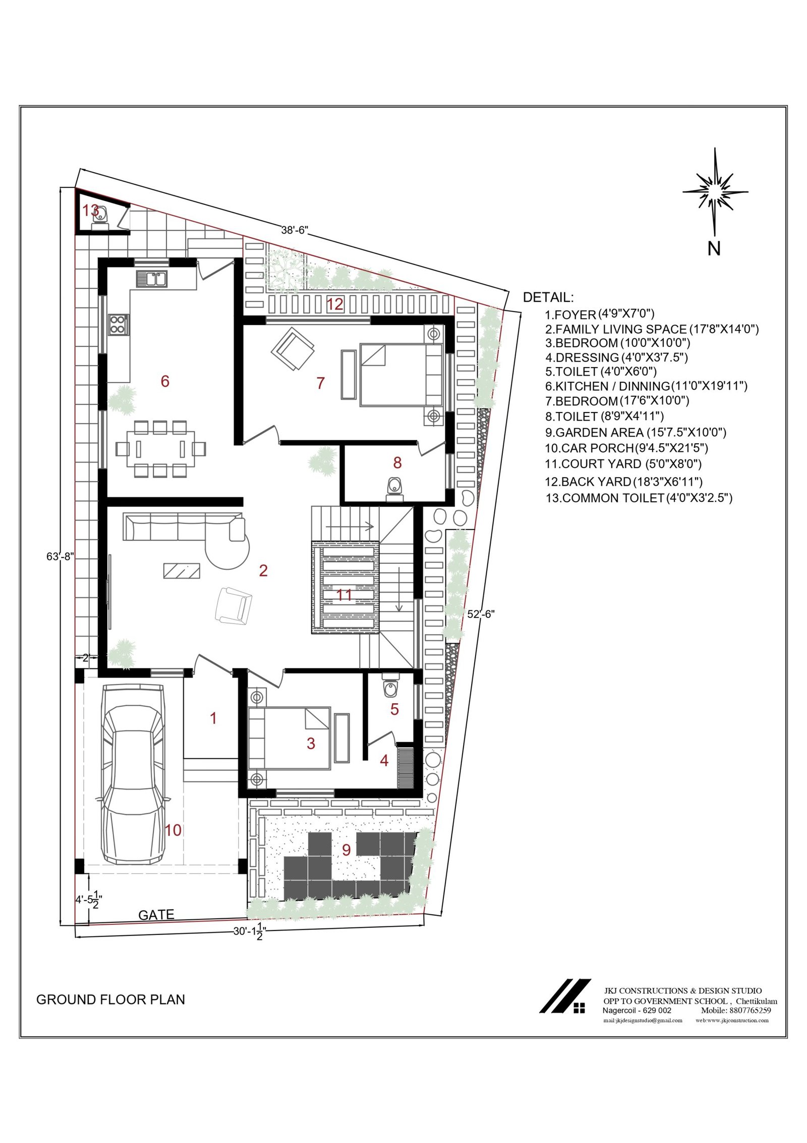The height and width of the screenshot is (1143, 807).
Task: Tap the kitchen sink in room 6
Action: [151, 279]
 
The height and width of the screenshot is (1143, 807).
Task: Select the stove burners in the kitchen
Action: [118, 324]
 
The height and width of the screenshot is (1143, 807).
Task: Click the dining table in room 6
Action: [161, 449]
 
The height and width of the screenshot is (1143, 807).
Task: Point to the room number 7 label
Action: [320, 383]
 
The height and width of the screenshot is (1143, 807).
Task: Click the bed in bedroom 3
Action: [289, 738]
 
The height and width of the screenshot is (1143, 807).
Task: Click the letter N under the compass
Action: [714, 248]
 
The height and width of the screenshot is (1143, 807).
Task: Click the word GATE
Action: [156, 915]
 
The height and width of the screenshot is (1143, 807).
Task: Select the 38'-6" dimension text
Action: [295, 230]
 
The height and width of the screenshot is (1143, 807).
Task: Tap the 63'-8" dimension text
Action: [61, 556]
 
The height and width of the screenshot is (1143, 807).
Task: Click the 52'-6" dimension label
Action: [481, 614]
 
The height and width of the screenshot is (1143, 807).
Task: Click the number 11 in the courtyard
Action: [344, 595]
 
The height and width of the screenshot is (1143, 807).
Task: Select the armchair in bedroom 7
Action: [293, 348]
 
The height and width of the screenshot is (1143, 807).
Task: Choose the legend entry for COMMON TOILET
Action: [639, 498]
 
